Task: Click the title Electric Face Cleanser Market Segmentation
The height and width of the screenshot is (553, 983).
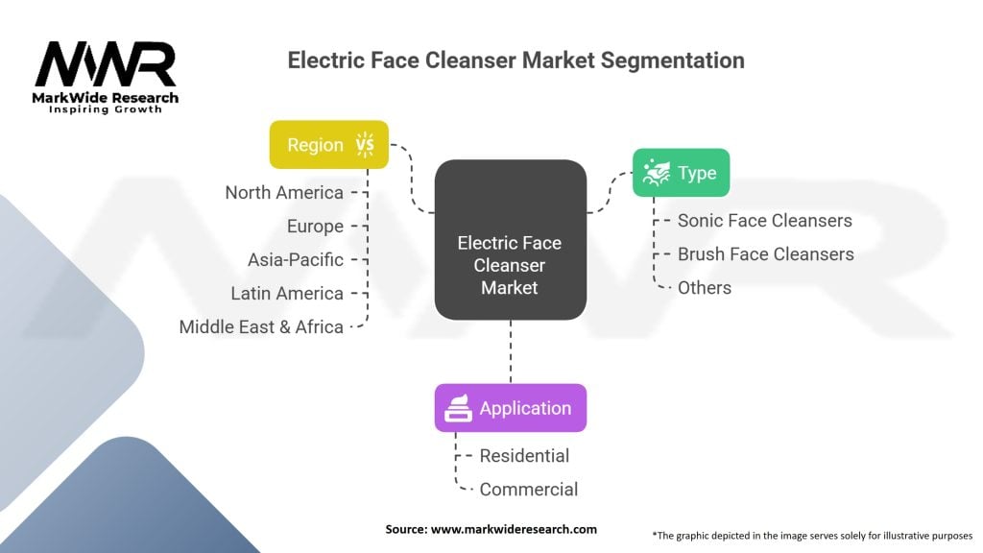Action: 515,60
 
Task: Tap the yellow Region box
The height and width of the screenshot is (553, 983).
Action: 328,145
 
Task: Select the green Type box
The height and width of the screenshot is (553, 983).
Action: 681,173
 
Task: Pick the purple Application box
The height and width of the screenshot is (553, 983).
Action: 510,408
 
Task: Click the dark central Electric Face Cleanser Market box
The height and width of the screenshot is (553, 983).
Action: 510,239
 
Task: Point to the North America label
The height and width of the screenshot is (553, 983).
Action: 284,193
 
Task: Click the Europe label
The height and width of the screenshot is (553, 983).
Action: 315,227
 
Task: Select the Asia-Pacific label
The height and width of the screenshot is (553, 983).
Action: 296,260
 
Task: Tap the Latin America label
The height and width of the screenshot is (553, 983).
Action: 287,294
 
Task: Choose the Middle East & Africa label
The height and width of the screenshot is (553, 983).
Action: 261,327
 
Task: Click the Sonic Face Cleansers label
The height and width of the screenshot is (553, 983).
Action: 764,221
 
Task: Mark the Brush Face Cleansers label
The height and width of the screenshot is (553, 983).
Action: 765,254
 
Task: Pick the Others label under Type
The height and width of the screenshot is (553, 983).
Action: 704,288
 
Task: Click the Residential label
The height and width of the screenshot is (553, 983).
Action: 524,456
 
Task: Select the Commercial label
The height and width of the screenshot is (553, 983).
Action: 528,490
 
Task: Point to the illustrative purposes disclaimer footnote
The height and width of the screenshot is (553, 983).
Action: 812,535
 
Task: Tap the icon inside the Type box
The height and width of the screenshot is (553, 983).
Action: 657,173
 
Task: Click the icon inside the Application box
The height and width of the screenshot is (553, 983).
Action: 457,408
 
